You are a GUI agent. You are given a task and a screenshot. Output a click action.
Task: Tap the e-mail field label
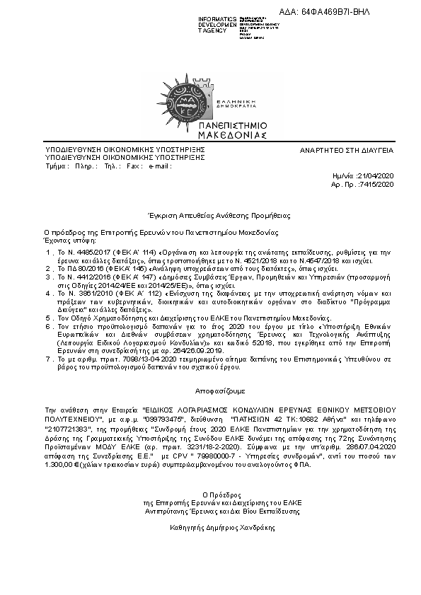coord(159,166)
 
